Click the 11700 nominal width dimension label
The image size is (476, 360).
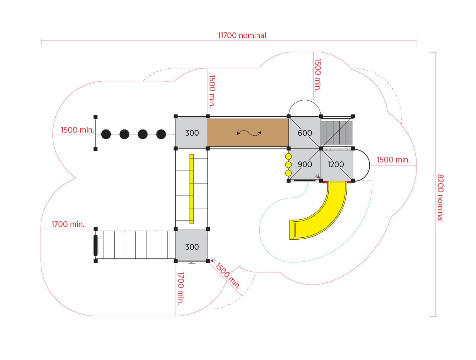click(x=242, y=35)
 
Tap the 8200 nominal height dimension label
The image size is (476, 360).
click(x=440, y=198)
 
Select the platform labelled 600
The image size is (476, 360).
click(x=305, y=132)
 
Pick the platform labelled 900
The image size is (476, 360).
click(x=305, y=164)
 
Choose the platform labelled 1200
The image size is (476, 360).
click(x=337, y=164)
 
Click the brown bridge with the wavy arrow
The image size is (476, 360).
click(x=248, y=132)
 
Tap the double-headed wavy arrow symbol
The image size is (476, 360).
click(x=249, y=133)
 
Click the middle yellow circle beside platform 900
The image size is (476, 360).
click(x=288, y=165)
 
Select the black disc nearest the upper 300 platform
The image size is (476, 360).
click(x=161, y=134)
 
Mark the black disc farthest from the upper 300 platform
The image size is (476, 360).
click(x=106, y=134)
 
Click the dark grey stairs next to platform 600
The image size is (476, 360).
click(x=336, y=132)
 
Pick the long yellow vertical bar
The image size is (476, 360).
click(x=192, y=189)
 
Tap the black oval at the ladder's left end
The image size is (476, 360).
click(x=95, y=245)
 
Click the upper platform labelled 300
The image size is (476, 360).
click(x=192, y=132)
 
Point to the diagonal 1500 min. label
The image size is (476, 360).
click(x=228, y=276)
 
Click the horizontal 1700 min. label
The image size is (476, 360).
click(x=68, y=224)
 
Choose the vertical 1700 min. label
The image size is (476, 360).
click(x=181, y=288)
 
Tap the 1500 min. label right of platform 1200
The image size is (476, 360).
click(x=393, y=160)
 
